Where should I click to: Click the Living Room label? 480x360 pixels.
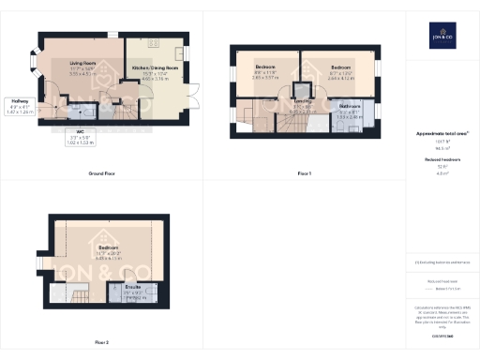pyautogui.click(x=82, y=67)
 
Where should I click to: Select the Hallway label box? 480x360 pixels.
pyautogui.click(x=20, y=106)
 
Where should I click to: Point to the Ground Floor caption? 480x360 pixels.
pyautogui.click(x=101, y=174)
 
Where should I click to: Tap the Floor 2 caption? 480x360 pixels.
pyautogui.click(x=100, y=342)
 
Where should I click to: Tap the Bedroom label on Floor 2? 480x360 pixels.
pyautogui.click(x=109, y=249)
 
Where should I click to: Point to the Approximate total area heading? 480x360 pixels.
pyautogui.click(x=442, y=134)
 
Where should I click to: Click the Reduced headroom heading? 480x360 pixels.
pyautogui.click(x=442, y=160)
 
